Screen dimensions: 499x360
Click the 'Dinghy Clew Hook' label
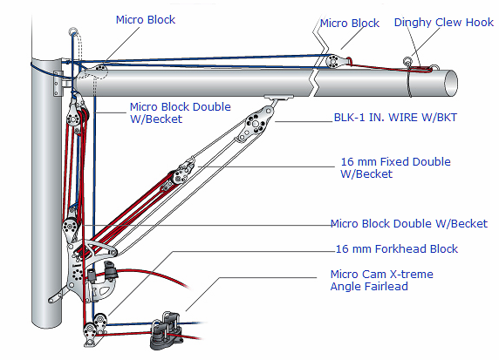point(444,23)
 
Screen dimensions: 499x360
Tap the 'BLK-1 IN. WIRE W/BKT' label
point(395,118)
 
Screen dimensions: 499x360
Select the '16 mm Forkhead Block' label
point(397,248)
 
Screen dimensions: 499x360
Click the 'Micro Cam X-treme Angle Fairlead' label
point(381,280)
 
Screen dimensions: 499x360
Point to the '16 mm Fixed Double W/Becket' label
point(395,167)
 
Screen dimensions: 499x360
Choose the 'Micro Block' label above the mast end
point(146,20)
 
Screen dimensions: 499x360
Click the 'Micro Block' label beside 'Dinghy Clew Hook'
point(350,24)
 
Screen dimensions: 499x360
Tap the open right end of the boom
point(451,84)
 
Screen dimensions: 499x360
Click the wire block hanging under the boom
point(255,125)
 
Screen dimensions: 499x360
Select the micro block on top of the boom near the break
point(335,61)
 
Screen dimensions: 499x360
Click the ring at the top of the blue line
point(73,31)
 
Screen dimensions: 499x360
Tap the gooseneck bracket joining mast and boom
point(59,84)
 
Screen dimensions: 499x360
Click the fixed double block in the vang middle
point(180,174)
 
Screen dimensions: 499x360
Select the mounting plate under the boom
point(279,98)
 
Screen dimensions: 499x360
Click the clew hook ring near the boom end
point(407,61)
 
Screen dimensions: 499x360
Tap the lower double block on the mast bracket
point(70,228)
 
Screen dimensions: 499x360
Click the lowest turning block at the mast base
point(90,333)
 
